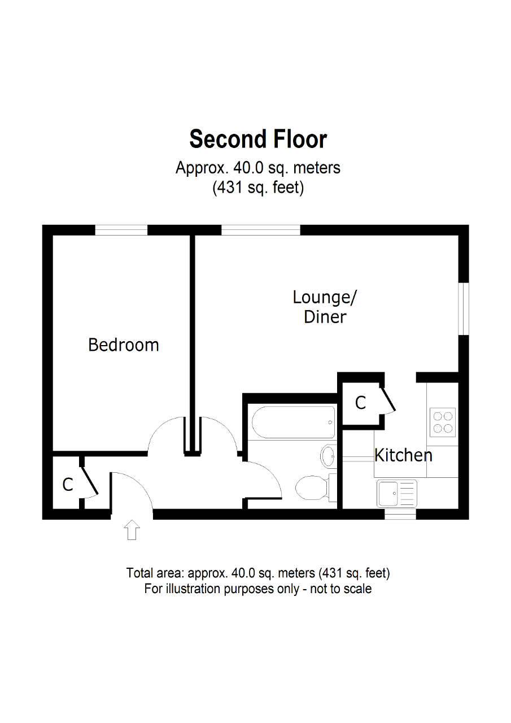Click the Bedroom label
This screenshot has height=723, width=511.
click(x=124, y=345)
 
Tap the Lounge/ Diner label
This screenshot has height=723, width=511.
click(x=325, y=307)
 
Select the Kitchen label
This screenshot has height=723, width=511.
click(x=404, y=455)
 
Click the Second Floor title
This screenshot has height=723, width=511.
click(x=258, y=139)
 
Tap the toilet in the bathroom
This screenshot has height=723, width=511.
click(x=311, y=487)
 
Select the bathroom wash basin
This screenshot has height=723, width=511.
click(x=328, y=455)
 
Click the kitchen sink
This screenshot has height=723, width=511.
click(x=397, y=493)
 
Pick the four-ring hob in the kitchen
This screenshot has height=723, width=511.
click(x=443, y=422)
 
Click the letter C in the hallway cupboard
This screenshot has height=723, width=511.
click(x=68, y=485)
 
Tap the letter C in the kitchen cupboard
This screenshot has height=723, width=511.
click(x=360, y=403)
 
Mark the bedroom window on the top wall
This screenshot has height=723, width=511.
click(x=121, y=230)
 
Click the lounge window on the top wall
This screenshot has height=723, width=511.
click(x=260, y=230)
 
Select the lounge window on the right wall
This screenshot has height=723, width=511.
click(x=464, y=309)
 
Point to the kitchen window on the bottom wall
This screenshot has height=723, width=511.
click(x=400, y=515)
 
